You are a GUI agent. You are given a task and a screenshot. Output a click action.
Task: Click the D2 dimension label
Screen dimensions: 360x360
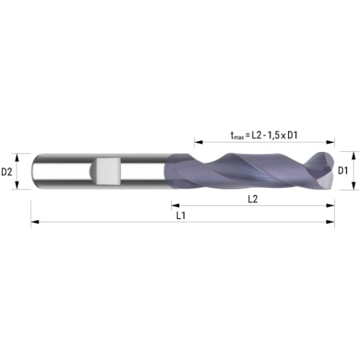pyautogui.click(x=6, y=172)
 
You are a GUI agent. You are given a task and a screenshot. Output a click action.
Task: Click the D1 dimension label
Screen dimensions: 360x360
pyautogui.click(x=343, y=171)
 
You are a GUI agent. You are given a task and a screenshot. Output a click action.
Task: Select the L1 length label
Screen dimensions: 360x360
pyautogui.click(x=181, y=216)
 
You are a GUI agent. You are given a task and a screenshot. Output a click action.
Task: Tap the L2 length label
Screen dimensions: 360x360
pyautogui.click(x=253, y=199)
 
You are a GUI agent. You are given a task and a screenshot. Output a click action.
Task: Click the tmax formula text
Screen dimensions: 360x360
pyautogui.click(x=264, y=135)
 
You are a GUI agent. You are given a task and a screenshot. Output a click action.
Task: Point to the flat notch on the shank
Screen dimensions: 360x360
pyautogui.click(x=107, y=171)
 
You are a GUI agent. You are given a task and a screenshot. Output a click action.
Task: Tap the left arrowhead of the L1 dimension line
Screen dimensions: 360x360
pyautogui.click(x=35, y=222)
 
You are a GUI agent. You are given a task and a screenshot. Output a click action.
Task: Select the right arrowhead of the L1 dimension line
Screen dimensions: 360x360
pyautogui.click(x=330, y=222)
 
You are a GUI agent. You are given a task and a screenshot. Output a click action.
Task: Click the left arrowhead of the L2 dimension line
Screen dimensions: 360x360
pyautogui.click(x=176, y=205)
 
